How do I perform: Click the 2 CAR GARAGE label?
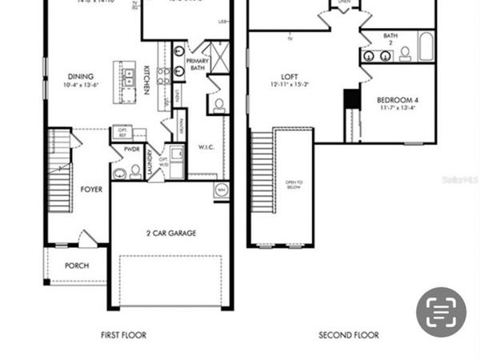171,234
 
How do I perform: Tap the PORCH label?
77,266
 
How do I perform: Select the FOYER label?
91,190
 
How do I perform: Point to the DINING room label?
82,77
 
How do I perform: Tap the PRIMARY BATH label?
197,64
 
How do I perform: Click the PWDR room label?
131,150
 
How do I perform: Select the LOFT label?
290,76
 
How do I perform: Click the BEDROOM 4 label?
397,100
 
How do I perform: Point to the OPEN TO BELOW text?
294,188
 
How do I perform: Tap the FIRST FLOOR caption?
123,335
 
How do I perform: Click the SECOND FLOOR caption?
349,335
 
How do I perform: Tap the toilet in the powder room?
135,170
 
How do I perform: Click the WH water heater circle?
221,190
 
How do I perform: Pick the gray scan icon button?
441,312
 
